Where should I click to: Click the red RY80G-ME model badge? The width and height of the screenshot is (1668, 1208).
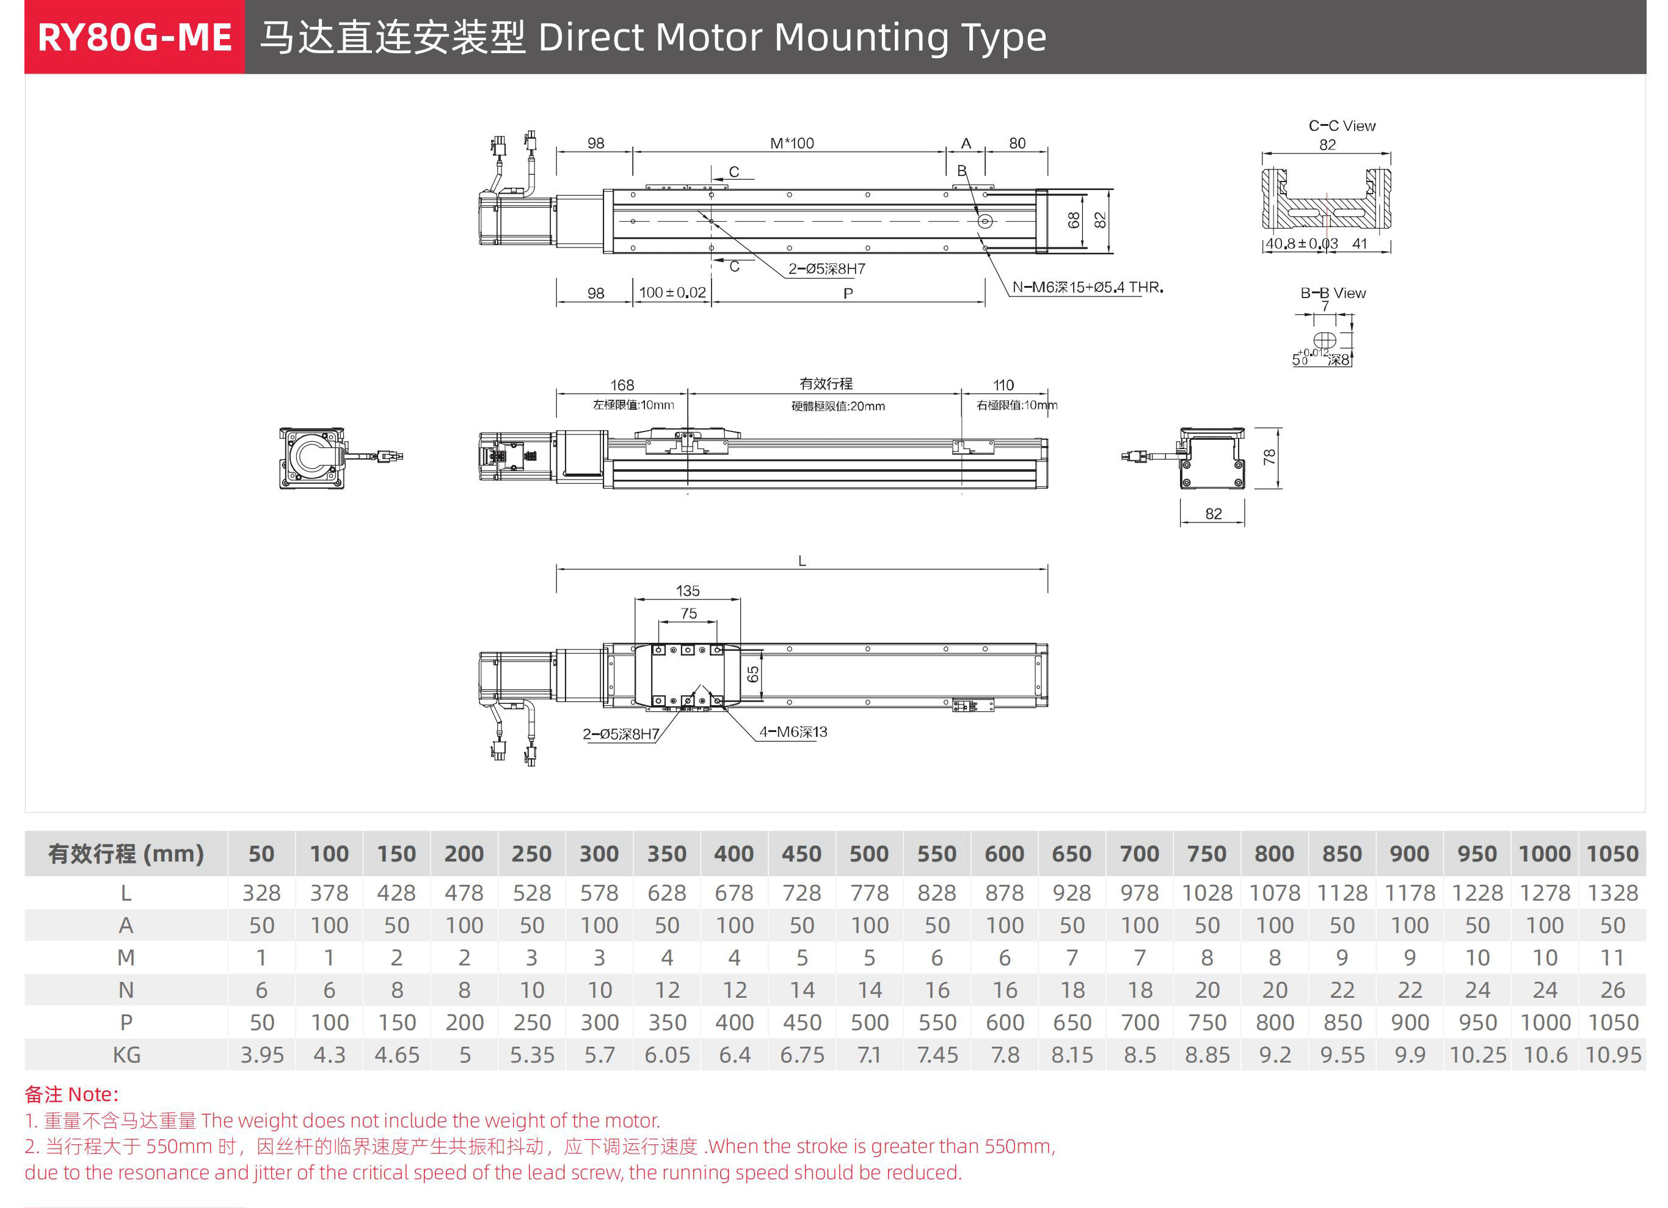(x=134, y=37)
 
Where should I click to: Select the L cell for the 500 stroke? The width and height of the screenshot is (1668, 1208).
(x=869, y=892)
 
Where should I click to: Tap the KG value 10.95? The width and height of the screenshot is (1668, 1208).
(x=1613, y=1055)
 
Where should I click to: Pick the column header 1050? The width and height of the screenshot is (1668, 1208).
(x=1613, y=854)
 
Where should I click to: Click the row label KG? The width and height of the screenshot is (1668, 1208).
(x=126, y=1055)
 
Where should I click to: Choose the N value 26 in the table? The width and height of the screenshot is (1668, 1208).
(x=1613, y=990)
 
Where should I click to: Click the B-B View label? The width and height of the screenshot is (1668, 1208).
(x=1333, y=293)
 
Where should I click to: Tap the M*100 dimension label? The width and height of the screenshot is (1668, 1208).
(x=792, y=144)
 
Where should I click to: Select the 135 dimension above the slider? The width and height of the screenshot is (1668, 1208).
(x=688, y=591)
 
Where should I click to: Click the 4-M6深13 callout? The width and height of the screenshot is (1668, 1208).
(x=793, y=732)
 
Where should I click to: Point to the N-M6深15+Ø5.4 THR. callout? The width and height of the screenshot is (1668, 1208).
(x=1087, y=287)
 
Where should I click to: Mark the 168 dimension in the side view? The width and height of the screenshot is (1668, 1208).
(x=622, y=385)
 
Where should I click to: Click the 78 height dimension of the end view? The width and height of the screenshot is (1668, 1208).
(x=1269, y=457)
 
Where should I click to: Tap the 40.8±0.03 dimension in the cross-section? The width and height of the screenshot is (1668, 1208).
(x=1301, y=244)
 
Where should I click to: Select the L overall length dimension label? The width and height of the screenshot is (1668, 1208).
(x=803, y=560)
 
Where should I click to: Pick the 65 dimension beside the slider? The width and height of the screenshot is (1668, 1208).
(x=753, y=674)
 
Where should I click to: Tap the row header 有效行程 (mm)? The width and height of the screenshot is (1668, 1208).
(x=126, y=854)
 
